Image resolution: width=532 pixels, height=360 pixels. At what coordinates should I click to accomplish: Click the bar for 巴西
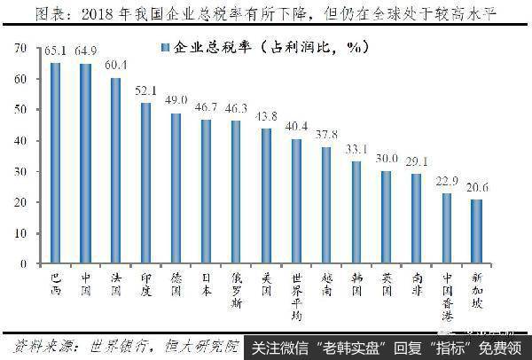click(x=56, y=164)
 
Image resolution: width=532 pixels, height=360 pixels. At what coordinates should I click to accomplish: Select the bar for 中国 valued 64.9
click(x=86, y=165)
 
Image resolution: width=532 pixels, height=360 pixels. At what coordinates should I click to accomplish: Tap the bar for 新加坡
click(x=477, y=231)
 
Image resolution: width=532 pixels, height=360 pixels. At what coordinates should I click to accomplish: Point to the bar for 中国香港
click(x=447, y=229)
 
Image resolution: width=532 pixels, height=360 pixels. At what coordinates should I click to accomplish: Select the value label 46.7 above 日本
click(x=206, y=107)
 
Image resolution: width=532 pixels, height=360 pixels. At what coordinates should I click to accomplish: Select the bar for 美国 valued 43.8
click(x=266, y=196)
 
